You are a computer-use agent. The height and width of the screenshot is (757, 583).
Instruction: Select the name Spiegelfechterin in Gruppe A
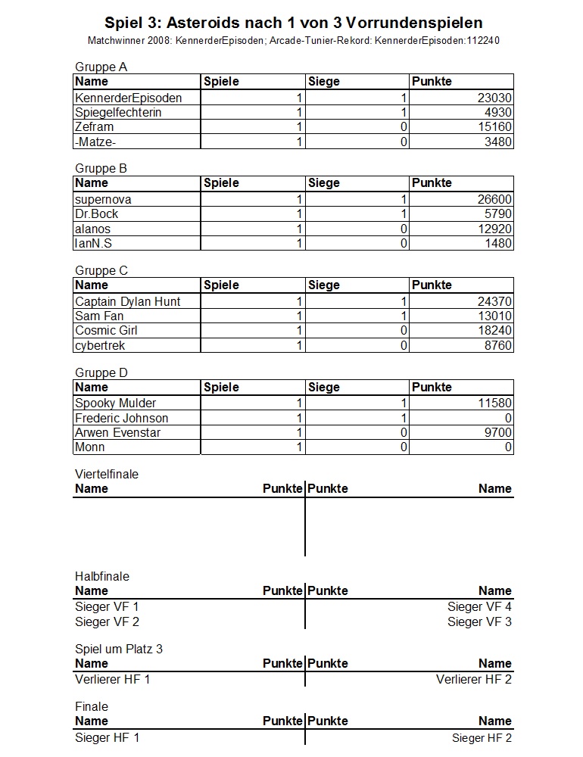coord(118,112)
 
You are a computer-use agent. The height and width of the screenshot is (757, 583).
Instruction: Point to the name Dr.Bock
coord(97,214)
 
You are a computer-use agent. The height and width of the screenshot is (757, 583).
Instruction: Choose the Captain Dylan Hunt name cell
coord(128,301)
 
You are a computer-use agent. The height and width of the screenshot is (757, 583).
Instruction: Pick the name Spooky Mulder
coord(116,403)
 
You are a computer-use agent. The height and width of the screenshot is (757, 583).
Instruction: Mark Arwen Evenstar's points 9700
coord(497,433)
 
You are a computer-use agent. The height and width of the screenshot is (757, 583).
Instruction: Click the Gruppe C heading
coord(101,270)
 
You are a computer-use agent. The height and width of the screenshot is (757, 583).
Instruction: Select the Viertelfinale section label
coord(107,474)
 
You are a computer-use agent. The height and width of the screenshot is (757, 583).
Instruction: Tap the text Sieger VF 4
coord(479,606)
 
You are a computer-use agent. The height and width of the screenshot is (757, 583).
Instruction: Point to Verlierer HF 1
coord(113,679)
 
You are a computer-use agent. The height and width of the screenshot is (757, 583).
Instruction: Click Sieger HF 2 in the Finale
coord(482,738)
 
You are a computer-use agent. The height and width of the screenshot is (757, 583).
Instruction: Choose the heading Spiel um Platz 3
coord(119,649)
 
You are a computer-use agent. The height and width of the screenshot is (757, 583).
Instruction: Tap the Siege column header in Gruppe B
coord(323,183)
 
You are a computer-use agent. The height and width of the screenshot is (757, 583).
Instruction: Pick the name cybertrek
coord(100,346)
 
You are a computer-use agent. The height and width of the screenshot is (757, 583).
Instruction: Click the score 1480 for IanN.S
coord(497,244)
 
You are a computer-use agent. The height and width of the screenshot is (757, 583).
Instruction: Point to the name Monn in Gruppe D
coord(90,447)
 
